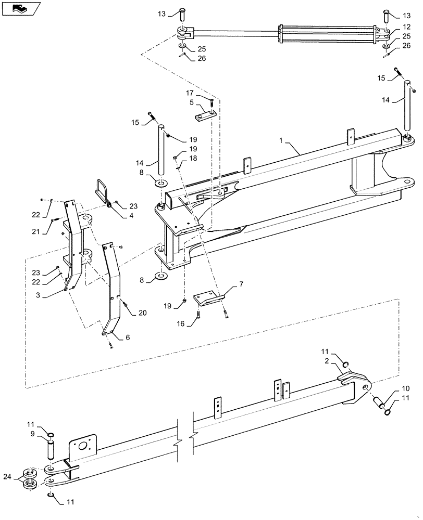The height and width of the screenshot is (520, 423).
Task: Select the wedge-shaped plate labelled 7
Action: click(x=208, y=300)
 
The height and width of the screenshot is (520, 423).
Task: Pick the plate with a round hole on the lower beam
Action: click(x=82, y=448)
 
